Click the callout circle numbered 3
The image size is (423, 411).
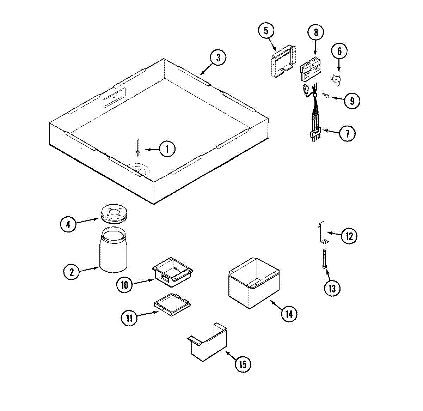tap(218, 58)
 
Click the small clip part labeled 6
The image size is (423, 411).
tap(337, 80)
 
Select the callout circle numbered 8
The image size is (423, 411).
tap(315, 32)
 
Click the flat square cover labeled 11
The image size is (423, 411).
tap(172, 304)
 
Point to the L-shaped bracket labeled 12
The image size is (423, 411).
tap(323, 233)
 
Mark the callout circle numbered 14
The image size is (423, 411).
tap(289, 314)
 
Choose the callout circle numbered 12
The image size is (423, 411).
tap(349, 236)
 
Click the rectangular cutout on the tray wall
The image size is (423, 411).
tap(114, 97)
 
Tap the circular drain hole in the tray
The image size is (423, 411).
tap(139, 170)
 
